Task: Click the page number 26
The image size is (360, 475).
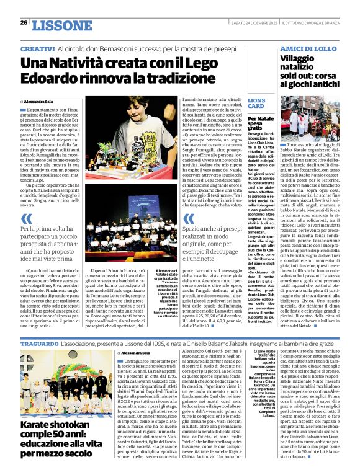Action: pyautogui.click(x=24, y=23)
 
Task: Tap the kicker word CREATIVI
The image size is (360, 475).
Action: pyautogui.click(x=37, y=48)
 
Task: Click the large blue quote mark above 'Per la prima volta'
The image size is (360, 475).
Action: pyautogui.click(x=27, y=218)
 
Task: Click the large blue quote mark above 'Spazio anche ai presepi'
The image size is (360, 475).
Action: pyautogui.click(x=189, y=218)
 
